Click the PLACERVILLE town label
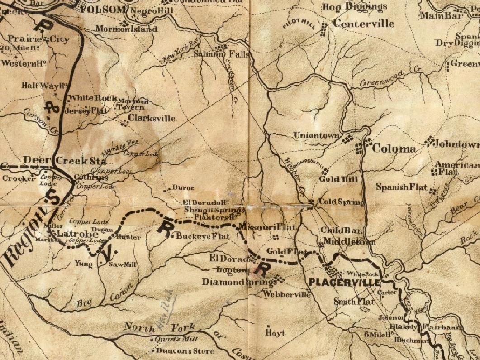344,283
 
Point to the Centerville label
364,24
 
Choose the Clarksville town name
152,119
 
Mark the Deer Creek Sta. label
66,161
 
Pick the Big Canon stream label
105,296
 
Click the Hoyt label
276,333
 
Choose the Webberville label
287,295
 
